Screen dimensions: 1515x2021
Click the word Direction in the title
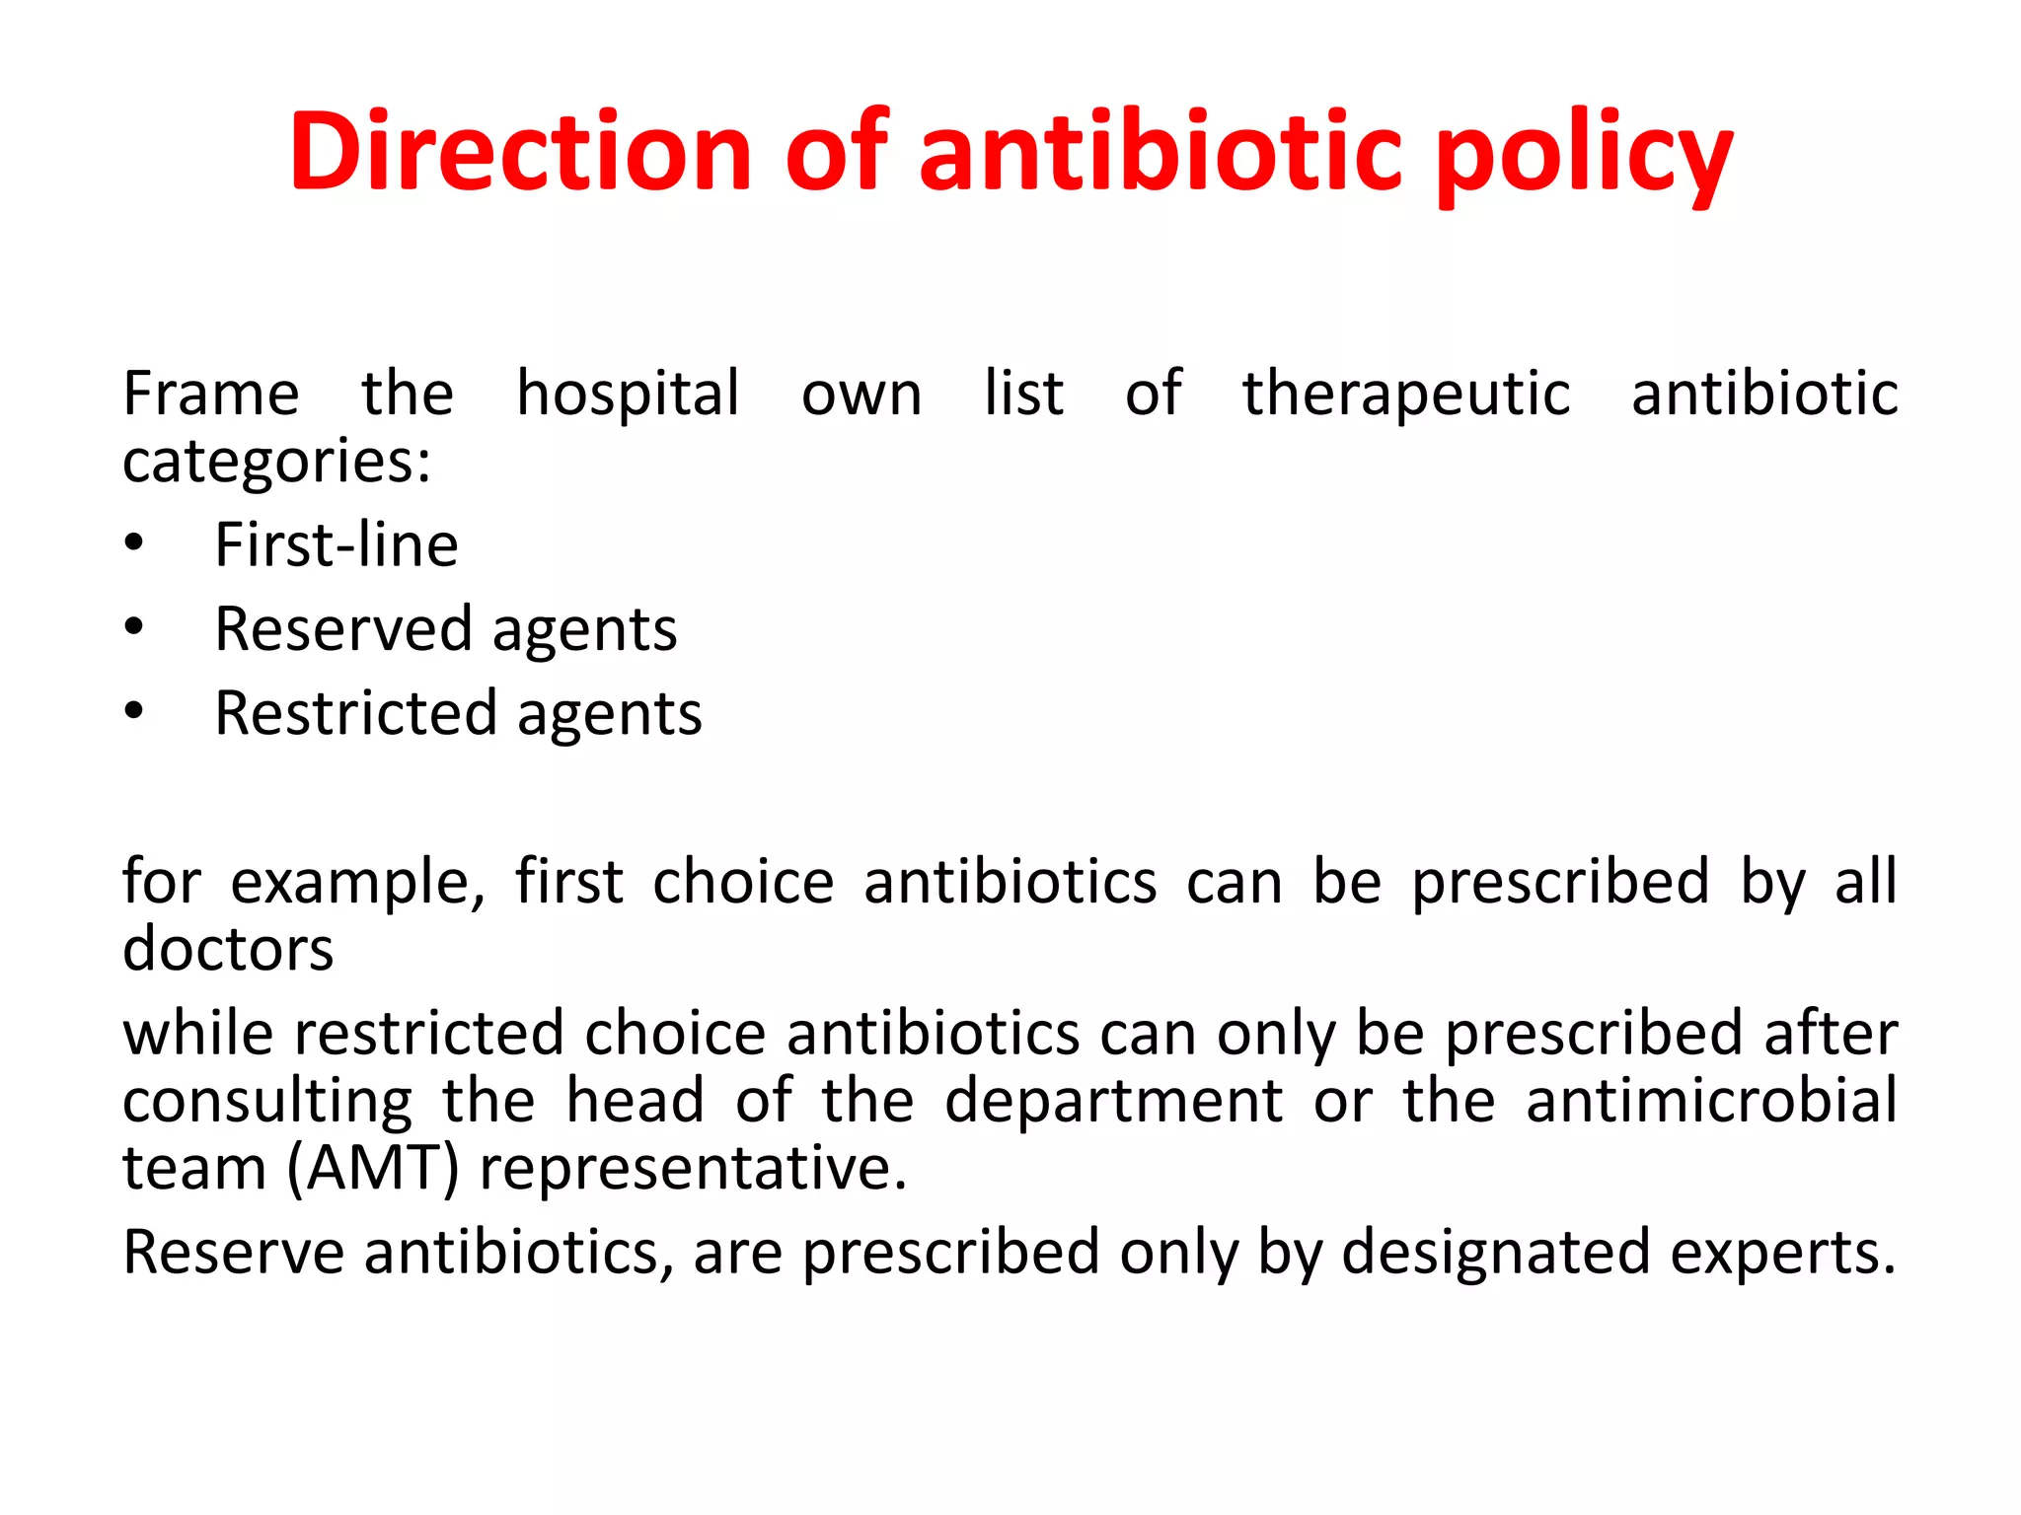pos(521,151)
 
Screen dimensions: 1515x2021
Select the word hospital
pos(628,395)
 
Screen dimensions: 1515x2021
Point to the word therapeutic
pos(1405,395)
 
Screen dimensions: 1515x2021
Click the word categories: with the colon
pos(276,462)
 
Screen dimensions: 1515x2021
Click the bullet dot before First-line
pos(134,543)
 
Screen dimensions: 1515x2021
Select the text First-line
pos(337,544)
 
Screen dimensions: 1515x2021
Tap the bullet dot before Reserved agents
pos(134,627)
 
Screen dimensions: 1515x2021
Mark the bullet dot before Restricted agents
pos(134,711)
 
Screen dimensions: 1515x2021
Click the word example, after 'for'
pos(357,882)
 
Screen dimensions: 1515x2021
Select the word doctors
pos(228,949)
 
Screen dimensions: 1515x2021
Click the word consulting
pos(267,1102)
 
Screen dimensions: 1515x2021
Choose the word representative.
pos(693,1170)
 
